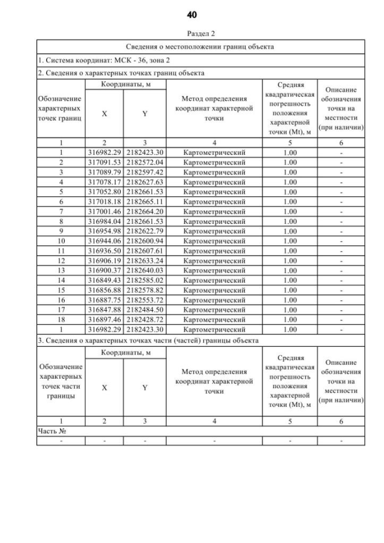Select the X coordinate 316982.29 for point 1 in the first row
pos(104,152)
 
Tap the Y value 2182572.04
pos(145,162)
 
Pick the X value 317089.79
pos(104,172)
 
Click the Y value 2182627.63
pos(145,181)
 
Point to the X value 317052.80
pos(104,191)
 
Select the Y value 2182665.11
pos(145,201)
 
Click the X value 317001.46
pos(104,211)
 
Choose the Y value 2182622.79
pos(145,230)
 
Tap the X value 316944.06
pos(104,240)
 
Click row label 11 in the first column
pos(61,250)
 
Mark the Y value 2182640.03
pos(145,269)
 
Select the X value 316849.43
pos(104,279)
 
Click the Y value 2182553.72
pos(145,299)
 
